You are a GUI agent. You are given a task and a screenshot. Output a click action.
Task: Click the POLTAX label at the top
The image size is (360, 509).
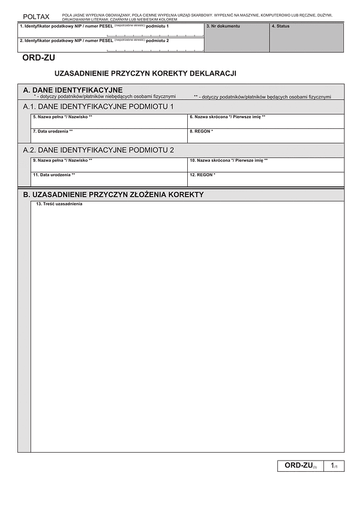(x=36, y=16)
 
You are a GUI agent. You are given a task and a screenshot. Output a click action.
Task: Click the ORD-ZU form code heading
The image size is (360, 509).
(x=38, y=58)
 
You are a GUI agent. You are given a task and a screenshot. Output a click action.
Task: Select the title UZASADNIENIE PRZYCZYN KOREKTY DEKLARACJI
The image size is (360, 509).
(x=145, y=73)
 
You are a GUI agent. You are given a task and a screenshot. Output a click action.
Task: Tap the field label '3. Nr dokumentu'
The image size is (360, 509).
(x=223, y=26)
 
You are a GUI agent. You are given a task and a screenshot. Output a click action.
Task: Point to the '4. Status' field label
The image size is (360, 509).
(x=281, y=26)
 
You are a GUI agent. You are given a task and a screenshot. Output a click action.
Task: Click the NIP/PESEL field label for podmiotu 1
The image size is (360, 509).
(x=94, y=26)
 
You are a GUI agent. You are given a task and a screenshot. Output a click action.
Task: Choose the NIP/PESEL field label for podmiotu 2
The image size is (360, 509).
(x=94, y=40)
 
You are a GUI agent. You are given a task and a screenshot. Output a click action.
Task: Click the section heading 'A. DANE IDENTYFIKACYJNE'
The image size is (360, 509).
(x=73, y=90)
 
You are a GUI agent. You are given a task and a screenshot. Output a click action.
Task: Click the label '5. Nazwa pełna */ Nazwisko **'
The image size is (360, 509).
(x=62, y=117)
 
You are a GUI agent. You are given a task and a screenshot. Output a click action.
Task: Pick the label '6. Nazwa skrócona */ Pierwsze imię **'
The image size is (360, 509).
(x=227, y=117)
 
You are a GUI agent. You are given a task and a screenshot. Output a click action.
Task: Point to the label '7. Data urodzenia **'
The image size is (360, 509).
(x=53, y=131)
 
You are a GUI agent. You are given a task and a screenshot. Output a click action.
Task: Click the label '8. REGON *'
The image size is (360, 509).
(x=201, y=131)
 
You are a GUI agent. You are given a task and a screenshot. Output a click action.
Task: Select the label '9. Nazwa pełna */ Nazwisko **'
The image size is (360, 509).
(x=62, y=161)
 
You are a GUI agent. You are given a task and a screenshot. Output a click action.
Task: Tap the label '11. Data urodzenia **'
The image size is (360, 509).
(x=54, y=174)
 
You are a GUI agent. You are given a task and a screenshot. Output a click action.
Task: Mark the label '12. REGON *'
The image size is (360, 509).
(x=202, y=174)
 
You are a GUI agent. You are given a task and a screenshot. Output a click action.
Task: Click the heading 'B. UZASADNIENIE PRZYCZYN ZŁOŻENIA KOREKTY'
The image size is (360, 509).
(x=113, y=194)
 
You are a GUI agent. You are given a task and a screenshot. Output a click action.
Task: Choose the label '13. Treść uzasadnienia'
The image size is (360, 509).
(x=59, y=204)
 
